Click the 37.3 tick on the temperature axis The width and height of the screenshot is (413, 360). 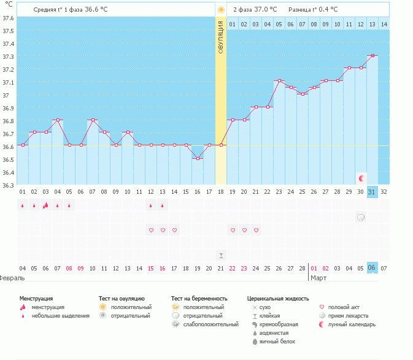tap(8, 56)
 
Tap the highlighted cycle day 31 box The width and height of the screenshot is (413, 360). tap(371, 192)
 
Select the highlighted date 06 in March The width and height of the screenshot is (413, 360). tap(371, 268)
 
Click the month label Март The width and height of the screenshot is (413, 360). tap(318, 278)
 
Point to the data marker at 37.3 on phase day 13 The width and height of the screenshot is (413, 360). tap(372, 55)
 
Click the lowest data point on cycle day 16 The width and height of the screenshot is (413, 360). tap(198, 158)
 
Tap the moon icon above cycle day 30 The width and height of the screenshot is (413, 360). tap(361, 178)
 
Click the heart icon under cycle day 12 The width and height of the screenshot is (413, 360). tap(151, 230)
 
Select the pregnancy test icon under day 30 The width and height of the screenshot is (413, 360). tap(361, 217)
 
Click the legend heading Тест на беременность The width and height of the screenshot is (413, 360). tap(199, 298)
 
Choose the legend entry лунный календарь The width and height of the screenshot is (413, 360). tap(351, 324)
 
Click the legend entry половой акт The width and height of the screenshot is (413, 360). tap(345, 307)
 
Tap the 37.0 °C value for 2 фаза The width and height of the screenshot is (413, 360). tap(265, 10)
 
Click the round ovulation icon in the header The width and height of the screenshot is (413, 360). tap(221, 10)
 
